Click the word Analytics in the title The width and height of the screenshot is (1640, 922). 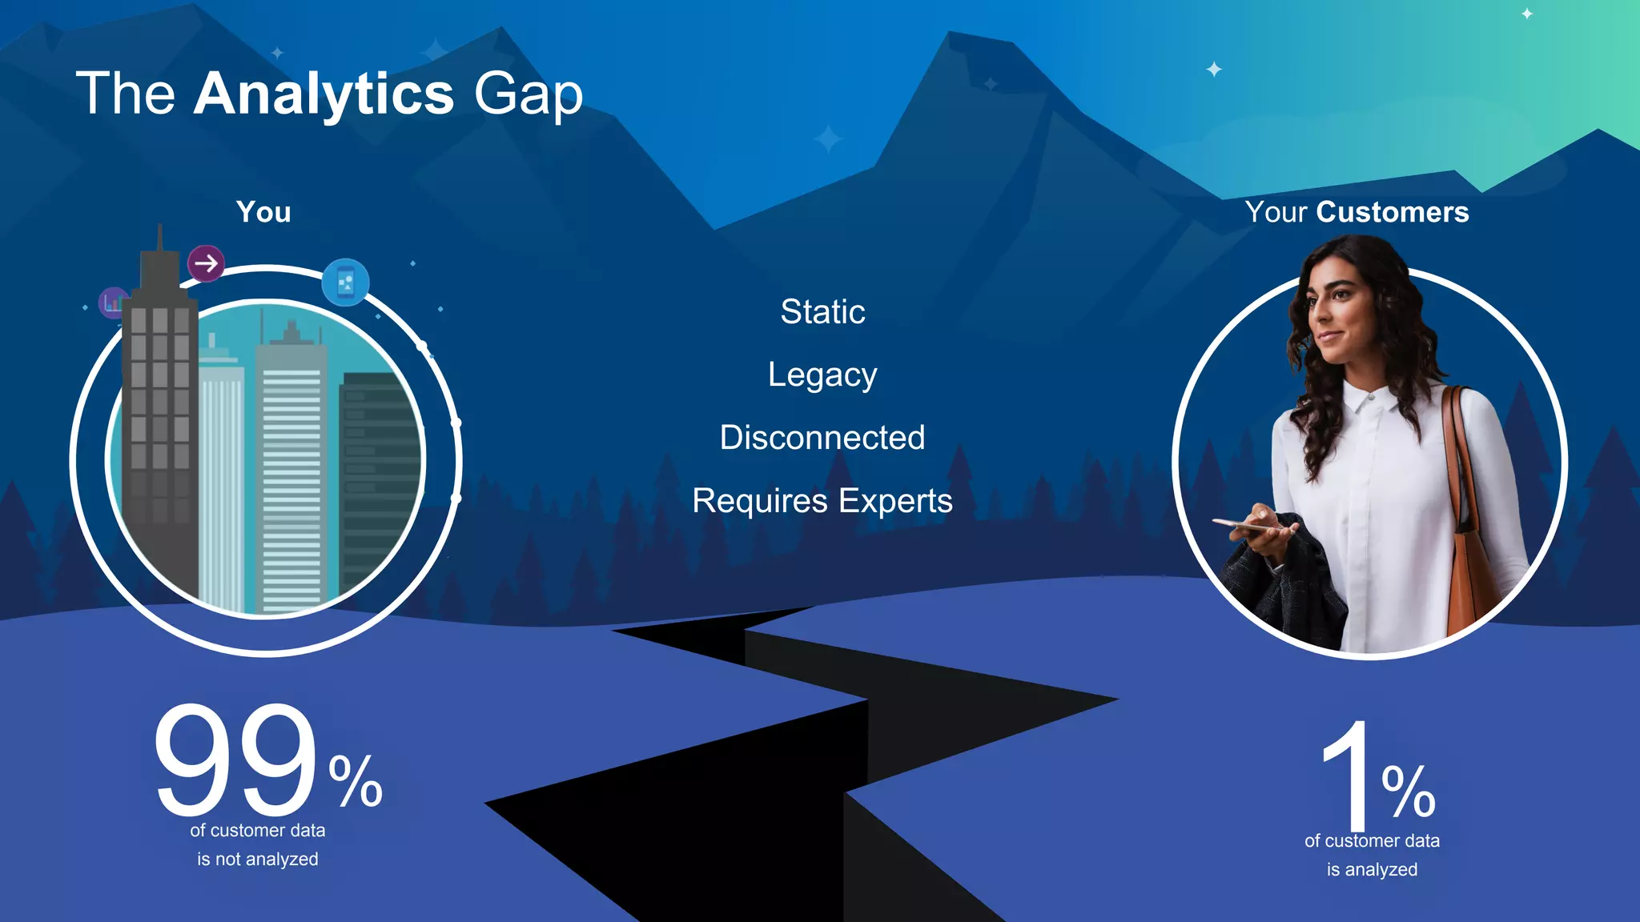coord(324,94)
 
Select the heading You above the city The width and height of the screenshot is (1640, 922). coord(263,212)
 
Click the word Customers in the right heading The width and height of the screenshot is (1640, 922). coord(1392,212)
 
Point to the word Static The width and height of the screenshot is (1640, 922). coord(822,311)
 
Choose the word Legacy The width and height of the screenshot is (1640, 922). coord(822,375)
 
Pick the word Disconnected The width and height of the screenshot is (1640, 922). coord(822,438)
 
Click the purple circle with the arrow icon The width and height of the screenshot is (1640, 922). coord(206,263)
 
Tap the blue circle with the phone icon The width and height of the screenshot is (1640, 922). coord(345,283)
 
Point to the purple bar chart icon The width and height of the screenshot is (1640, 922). coord(112,303)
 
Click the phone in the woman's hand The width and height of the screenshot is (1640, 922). coord(1242,526)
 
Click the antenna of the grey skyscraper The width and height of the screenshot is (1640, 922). coord(160,237)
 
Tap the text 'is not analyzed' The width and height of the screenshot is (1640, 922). coord(258,860)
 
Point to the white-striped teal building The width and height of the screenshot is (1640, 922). coord(291,472)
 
